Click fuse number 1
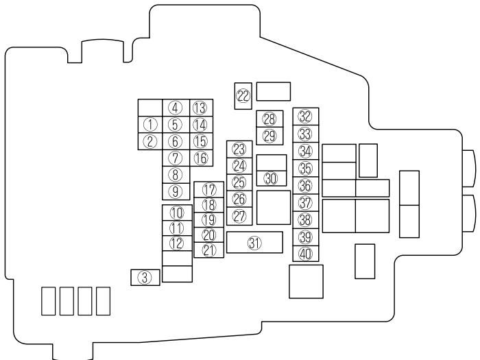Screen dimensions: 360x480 150,124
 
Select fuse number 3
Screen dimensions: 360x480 145,277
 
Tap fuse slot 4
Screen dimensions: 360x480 176,108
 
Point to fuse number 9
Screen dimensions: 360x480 176,191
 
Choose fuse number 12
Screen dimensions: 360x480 177,243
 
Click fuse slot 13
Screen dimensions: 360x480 200,108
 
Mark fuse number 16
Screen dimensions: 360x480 200,158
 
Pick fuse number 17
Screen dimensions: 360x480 209,189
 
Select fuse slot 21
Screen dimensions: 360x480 209,250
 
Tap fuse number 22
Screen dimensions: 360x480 243,95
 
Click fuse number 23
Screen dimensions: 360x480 239,149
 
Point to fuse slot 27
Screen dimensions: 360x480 239,216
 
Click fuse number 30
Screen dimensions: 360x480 271,178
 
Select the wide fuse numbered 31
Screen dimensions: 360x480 254,242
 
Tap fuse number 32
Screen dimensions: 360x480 305,117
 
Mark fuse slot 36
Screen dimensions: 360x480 305,185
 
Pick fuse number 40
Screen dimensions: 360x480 305,253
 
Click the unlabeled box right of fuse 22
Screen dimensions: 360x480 274,91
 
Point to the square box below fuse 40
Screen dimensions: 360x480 306,281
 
